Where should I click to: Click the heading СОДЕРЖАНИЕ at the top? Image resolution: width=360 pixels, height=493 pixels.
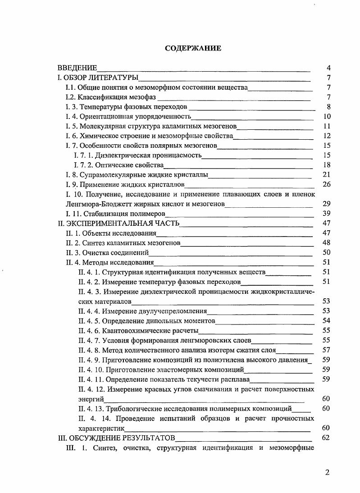tap(193, 48)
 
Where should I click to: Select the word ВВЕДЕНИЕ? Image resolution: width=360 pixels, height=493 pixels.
tap(77, 68)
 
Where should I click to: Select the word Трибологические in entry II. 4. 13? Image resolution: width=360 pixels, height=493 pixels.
tap(132, 409)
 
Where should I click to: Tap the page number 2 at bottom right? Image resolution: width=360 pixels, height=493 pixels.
tap(328, 472)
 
